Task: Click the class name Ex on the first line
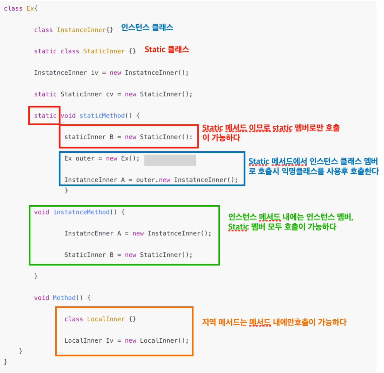(30, 9)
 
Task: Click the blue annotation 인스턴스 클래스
(147, 28)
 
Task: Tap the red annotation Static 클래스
(167, 49)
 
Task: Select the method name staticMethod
(102, 116)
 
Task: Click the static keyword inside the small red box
(45, 116)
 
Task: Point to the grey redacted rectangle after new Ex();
(170, 160)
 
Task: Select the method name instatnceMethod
(81, 212)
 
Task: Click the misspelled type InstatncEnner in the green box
(89, 233)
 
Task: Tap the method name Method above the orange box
(64, 298)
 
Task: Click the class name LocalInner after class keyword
(106, 319)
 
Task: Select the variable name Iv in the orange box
(109, 340)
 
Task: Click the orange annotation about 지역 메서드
(274, 322)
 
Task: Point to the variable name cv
(109, 94)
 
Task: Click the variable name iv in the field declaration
(94, 73)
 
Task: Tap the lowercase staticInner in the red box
(85, 137)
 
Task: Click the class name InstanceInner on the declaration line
(81, 30)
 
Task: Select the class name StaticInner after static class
(104, 51)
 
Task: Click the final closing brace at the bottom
(5, 362)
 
